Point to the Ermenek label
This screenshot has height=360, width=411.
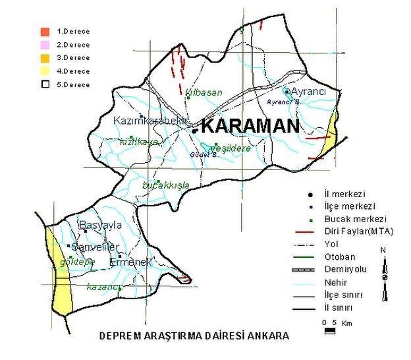130,262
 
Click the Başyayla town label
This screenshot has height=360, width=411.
101,225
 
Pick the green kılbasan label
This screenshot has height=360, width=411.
204,92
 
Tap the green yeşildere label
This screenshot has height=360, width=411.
229,148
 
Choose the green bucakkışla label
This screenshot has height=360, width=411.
166,185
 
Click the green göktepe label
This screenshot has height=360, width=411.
77,262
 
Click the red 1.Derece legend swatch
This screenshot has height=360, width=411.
45,31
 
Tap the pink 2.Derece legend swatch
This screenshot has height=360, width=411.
45,44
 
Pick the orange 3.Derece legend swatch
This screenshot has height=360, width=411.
45,57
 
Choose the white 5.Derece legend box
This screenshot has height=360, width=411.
45,84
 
